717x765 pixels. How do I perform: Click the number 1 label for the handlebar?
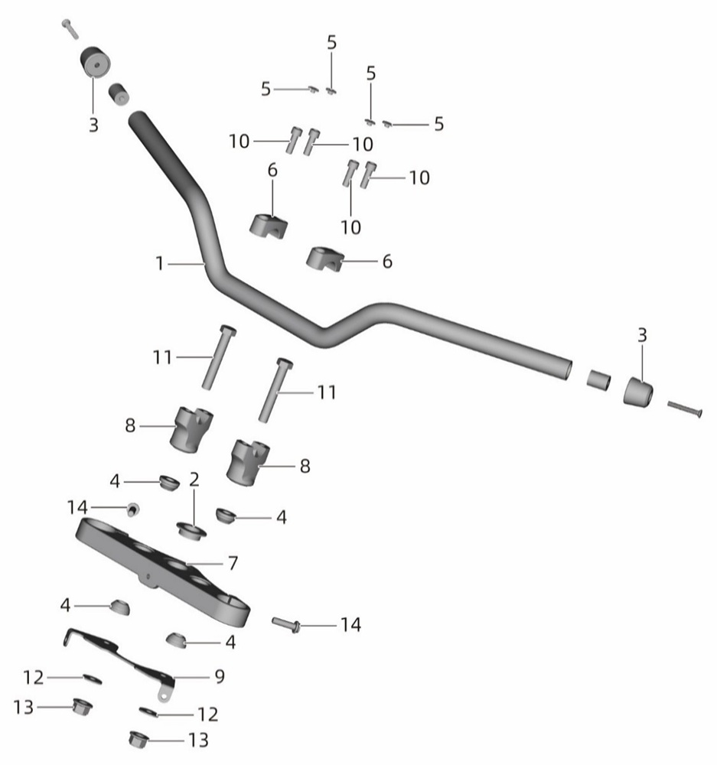pyautogui.click(x=159, y=263)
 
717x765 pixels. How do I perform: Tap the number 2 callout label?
pyautogui.click(x=194, y=480)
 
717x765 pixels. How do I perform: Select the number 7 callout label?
pyautogui.click(x=233, y=564)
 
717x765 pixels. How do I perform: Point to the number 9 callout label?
pyautogui.click(x=220, y=677)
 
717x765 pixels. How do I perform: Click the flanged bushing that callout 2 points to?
pyautogui.click(x=191, y=530)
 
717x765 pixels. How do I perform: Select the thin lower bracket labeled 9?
pyautogui.click(x=119, y=659)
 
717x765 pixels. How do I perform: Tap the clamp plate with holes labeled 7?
pyautogui.click(x=162, y=572)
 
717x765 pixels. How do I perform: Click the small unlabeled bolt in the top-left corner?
pyautogui.click(x=70, y=29)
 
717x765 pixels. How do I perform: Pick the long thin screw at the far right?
pyautogui.click(x=684, y=409)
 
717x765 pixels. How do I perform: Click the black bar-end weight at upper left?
pyautogui.click(x=95, y=63)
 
